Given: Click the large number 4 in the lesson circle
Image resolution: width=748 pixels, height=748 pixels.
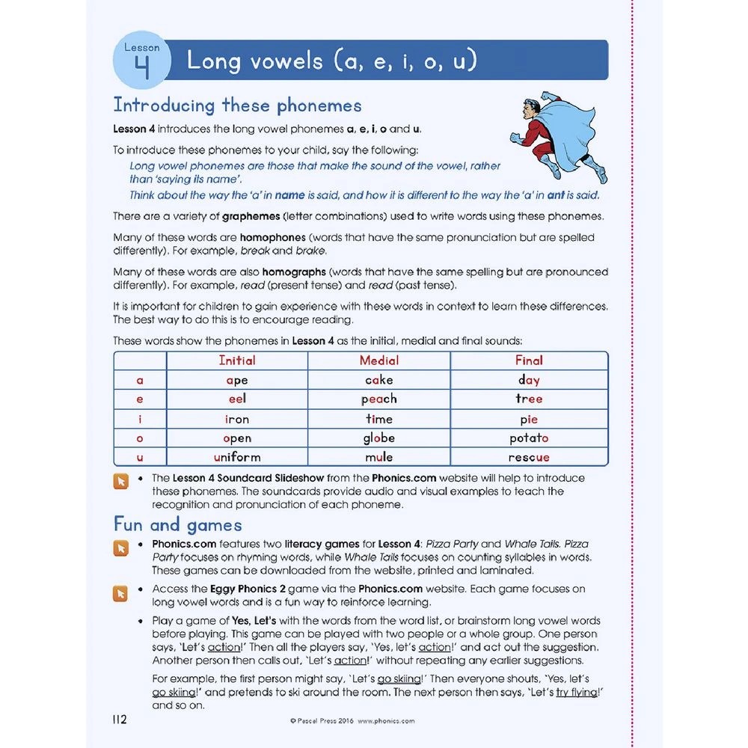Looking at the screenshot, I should (x=142, y=67).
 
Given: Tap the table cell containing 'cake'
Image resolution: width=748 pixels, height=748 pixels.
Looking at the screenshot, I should (x=378, y=380).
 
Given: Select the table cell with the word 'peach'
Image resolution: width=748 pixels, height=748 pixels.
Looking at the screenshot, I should (x=378, y=399).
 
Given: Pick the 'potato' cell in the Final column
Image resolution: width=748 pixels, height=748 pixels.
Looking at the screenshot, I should (x=529, y=438).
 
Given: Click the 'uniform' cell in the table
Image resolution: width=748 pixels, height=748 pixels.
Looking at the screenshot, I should (x=236, y=457).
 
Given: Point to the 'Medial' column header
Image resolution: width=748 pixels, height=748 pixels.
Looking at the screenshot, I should (x=378, y=361).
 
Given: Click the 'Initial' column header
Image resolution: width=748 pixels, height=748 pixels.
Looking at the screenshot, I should (x=236, y=361).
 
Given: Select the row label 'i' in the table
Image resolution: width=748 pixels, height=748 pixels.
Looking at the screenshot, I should (x=140, y=419).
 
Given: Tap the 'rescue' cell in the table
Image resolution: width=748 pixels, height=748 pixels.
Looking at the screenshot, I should (x=529, y=457).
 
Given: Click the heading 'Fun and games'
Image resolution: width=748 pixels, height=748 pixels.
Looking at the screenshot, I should (x=177, y=524).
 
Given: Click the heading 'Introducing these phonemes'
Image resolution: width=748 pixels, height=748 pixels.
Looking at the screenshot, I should (x=237, y=105).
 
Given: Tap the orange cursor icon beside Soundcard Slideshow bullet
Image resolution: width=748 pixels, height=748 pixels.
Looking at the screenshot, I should (x=120, y=481).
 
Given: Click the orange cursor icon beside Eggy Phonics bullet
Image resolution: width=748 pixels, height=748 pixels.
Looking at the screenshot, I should (x=120, y=593).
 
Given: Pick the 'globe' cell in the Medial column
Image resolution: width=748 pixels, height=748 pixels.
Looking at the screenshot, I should (x=378, y=438).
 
